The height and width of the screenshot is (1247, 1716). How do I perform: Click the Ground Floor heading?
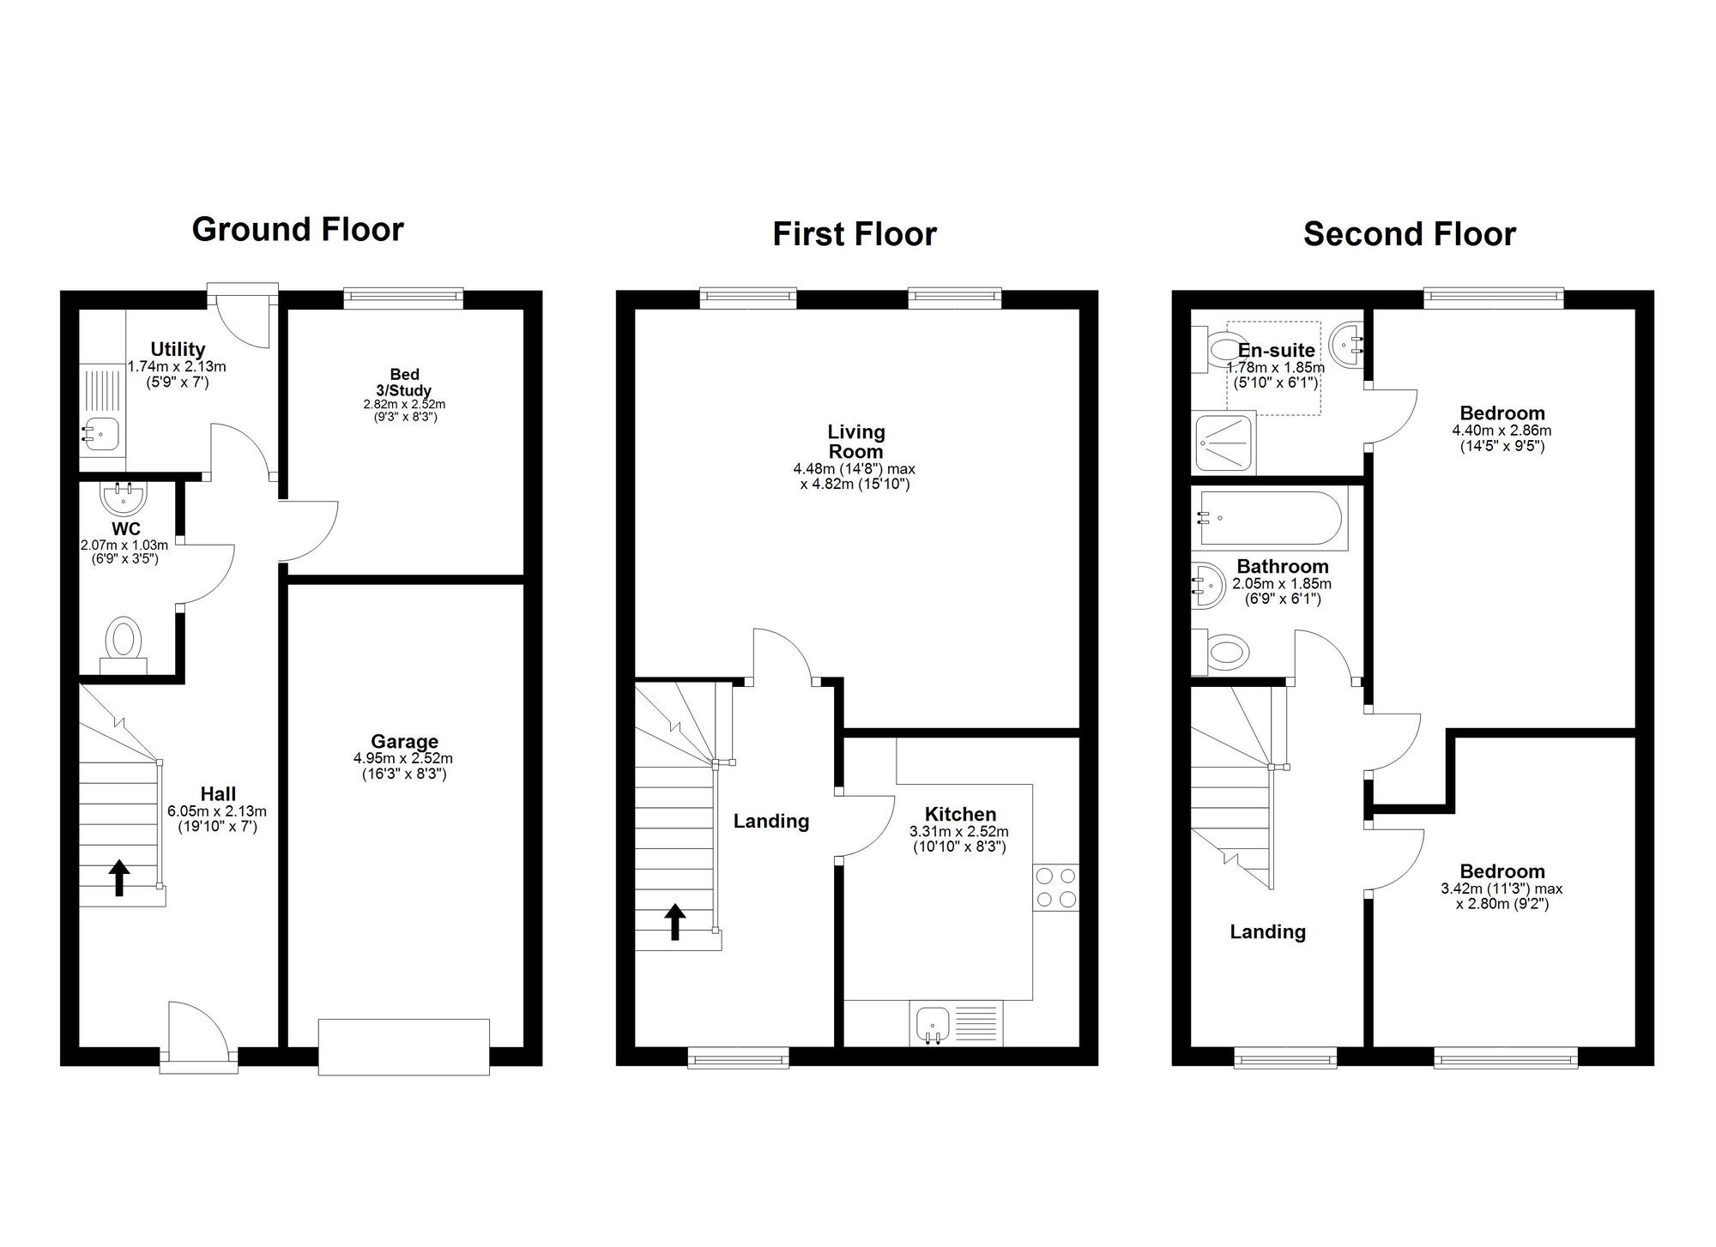297,230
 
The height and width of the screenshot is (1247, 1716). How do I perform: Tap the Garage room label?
404,741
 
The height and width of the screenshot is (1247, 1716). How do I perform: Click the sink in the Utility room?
96,433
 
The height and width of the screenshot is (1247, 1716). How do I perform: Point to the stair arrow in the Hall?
119,877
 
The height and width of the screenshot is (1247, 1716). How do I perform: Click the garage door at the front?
403,1046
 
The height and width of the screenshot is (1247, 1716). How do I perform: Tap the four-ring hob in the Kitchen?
1055,888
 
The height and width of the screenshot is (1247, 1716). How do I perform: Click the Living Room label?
855,442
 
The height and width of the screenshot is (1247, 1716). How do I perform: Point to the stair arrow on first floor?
675,922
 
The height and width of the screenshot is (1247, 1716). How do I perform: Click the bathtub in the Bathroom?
1269,518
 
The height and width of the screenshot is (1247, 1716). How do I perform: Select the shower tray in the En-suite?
1224,443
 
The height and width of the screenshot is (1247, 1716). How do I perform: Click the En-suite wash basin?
1345,344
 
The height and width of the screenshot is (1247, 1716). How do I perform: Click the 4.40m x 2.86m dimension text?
1501,431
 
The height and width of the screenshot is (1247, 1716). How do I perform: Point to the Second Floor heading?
1409,234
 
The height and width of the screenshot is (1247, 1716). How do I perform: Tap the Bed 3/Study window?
403,298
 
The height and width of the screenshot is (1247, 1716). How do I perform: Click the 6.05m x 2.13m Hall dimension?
217,811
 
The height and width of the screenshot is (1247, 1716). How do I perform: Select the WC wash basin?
124,496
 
